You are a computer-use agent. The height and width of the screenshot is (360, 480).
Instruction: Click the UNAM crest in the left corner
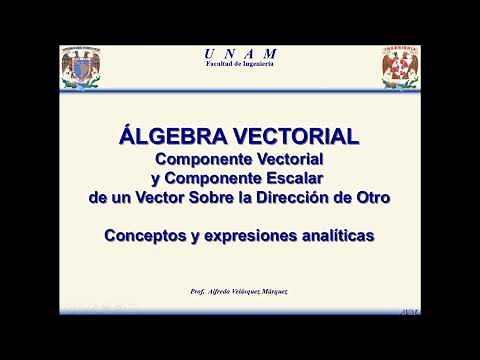[82, 66]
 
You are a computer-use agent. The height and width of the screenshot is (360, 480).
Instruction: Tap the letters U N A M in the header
[240, 53]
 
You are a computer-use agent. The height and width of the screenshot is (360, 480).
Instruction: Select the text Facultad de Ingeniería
[240, 64]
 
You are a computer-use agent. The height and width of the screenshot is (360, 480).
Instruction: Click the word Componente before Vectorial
[203, 159]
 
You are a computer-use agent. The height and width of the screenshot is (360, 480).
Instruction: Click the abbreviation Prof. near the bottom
[198, 291]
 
